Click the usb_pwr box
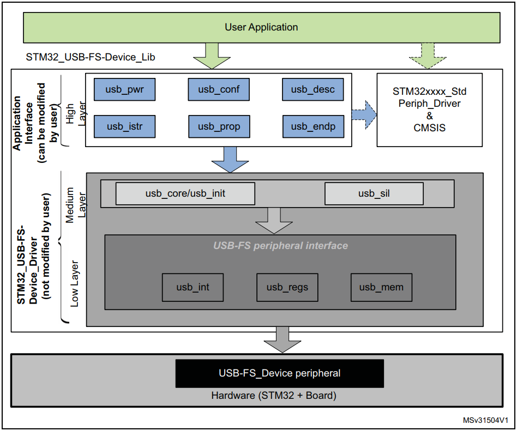pyautogui.click(x=125, y=89)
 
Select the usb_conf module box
pyautogui.click(x=219, y=89)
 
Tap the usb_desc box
pyautogui.click(x=312, y=89)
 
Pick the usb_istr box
pyautogui.click(x=125, y=126)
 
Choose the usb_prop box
pyautogui.click(x=219, y=126)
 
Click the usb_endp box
pyautogui.click(x=312, y=126)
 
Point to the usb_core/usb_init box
pyautogui.click(x=185, y=193)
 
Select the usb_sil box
pyautogui.click(x=374, y=193)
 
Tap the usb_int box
pyautogui.click(x=193, y=287)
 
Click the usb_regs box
pyautogui.click(x=287, y=287)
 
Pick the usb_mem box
pyautogui.click(x=381, y=287)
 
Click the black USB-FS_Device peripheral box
pyautogui.click(x=279, y=373)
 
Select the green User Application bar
pyautogui.click(x=261, y=27)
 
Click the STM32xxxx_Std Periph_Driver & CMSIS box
pyautogui.click(x=429, y=110)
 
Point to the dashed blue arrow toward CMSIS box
pyautogui.click(x=364, y=114)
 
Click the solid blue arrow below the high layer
pyautogui.click(x=230, y=159)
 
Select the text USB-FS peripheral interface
pyautogui.click(x=280, y=246)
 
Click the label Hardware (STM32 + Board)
pyautogui.click(x=274, y=396)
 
